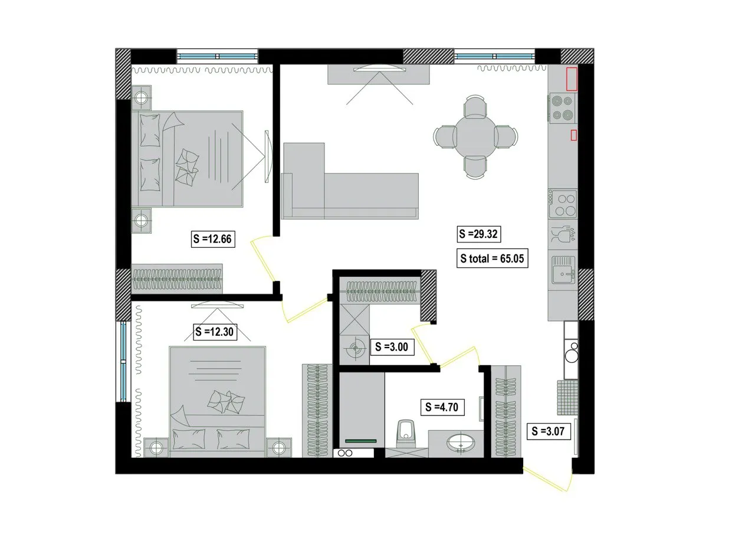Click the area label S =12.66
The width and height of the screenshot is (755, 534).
click(213, 239)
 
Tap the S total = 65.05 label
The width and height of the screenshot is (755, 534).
click(492, 258)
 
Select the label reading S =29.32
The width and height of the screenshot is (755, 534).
click(478, 234)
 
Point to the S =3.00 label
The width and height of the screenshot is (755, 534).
click(392, 347)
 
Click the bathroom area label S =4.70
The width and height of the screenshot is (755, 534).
click(442, 407)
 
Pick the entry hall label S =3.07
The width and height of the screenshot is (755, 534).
click(549, 431)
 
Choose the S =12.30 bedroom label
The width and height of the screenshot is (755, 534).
click(214, 332)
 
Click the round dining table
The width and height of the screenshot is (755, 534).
click(475, 137)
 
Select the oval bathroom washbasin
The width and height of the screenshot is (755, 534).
click(461, 443)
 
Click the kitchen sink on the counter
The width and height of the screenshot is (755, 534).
click(563, 270)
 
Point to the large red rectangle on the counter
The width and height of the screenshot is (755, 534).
click(572, 79)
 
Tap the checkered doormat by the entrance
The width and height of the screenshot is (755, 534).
click(567, 398)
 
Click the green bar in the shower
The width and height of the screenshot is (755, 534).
click(360, 441)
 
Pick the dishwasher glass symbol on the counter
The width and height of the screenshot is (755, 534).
click(563, 234)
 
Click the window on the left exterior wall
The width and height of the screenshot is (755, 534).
click(123, 361)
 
